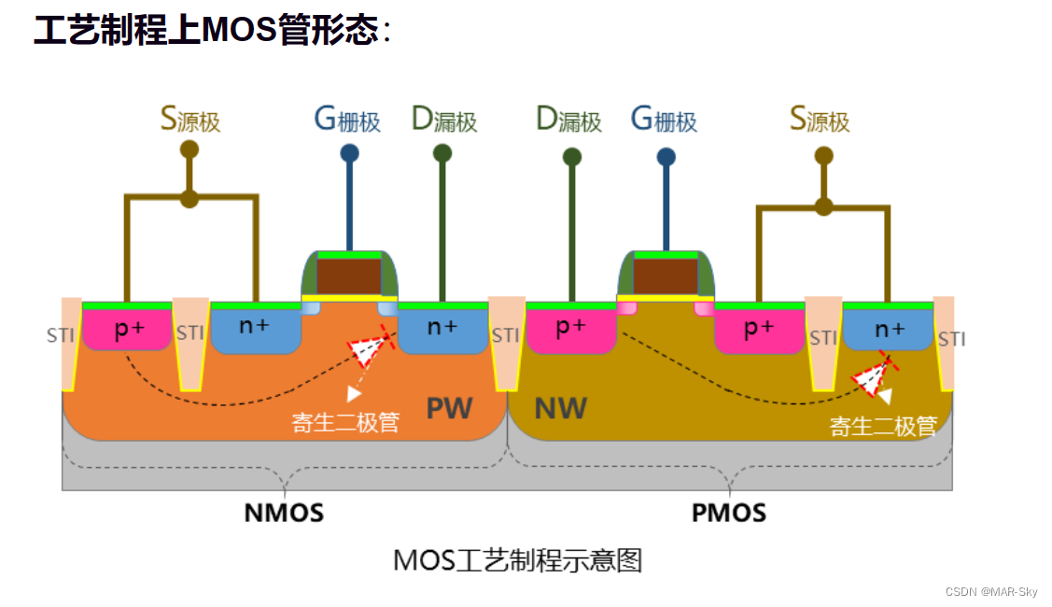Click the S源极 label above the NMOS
(x=190, y=120)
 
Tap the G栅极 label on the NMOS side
(x=347, y=120)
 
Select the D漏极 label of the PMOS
(x=568, y=120)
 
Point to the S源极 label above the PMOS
(x=820, y=120)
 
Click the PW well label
(x=449, y=408)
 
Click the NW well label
(x=560, y=408)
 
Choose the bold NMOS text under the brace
(x=284, y=513)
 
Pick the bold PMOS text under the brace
(x=729, y=513)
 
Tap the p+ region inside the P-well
(x=128, y=329)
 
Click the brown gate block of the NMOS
(x=349, y=276)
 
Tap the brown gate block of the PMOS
(x=666, y=276)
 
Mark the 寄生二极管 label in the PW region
(x=345, y=422)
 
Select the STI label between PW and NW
(x=505, y=335)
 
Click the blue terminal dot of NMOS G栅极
(x=349, y=153)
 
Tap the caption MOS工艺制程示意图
(x=517, y=560)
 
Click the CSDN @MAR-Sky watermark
(x=990, y=592)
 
